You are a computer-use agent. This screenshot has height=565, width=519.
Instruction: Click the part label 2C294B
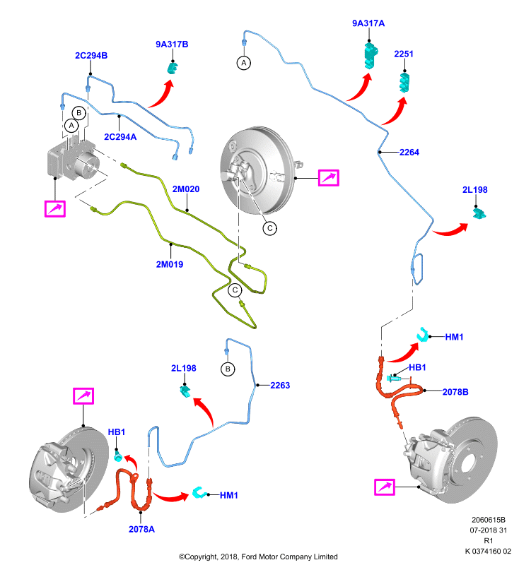click(x=91, y=56)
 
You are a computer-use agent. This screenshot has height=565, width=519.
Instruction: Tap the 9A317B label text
click(x=172, y=44)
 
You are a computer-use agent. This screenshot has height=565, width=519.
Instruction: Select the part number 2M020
click(x=186, y=189)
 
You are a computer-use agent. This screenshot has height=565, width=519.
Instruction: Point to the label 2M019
click(x=170, y=264)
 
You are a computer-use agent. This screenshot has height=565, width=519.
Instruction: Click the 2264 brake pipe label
click(x=409, y=153)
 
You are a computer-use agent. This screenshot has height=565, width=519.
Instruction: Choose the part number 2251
click(x=404, y=54)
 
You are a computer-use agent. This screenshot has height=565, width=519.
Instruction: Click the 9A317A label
click(x=368, y=23)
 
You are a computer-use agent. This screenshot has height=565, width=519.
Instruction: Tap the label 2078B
click(x=455, y=392)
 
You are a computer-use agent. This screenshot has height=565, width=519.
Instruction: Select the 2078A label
click(x=141, y=529)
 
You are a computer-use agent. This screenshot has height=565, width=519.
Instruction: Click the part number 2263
click(x=280, y=386)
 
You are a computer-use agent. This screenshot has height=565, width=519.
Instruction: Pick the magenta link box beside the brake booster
click(x=329, y=178)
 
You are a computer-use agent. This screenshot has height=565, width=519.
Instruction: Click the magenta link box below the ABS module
click(x=55, y=209)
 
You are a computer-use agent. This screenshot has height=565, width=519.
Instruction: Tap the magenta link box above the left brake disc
click(x=83, y=396)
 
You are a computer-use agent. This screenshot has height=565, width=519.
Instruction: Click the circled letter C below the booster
click(x=270, y=228)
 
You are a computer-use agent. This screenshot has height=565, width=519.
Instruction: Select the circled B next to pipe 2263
click(x=228, y=369)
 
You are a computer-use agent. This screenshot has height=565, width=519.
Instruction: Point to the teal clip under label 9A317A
click(x=371, y=55)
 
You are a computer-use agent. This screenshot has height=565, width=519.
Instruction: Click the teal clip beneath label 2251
click(x=404, y=83)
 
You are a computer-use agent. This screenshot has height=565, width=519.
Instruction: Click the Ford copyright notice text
click(x=258, y=557)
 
